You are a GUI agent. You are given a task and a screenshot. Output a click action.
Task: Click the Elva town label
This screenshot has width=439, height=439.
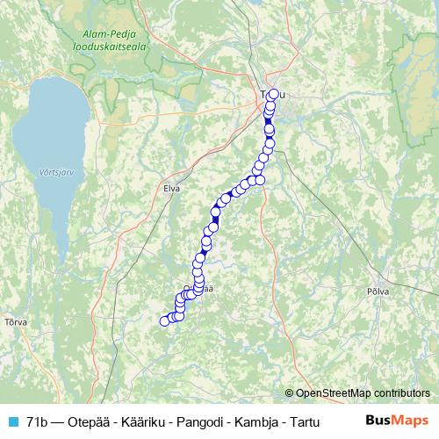[172, 187]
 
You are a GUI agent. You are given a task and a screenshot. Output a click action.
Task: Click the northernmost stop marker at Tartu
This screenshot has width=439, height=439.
[273, 94]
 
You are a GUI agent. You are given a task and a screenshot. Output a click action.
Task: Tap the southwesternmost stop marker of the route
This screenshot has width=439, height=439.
[163, 321]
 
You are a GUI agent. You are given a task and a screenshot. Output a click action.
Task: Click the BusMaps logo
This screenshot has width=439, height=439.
[397, 421]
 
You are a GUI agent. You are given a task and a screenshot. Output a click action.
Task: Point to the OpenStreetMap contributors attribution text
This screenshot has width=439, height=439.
[363, 392]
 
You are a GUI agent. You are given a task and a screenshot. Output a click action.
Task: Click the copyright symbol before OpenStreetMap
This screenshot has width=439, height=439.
[291, 392]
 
